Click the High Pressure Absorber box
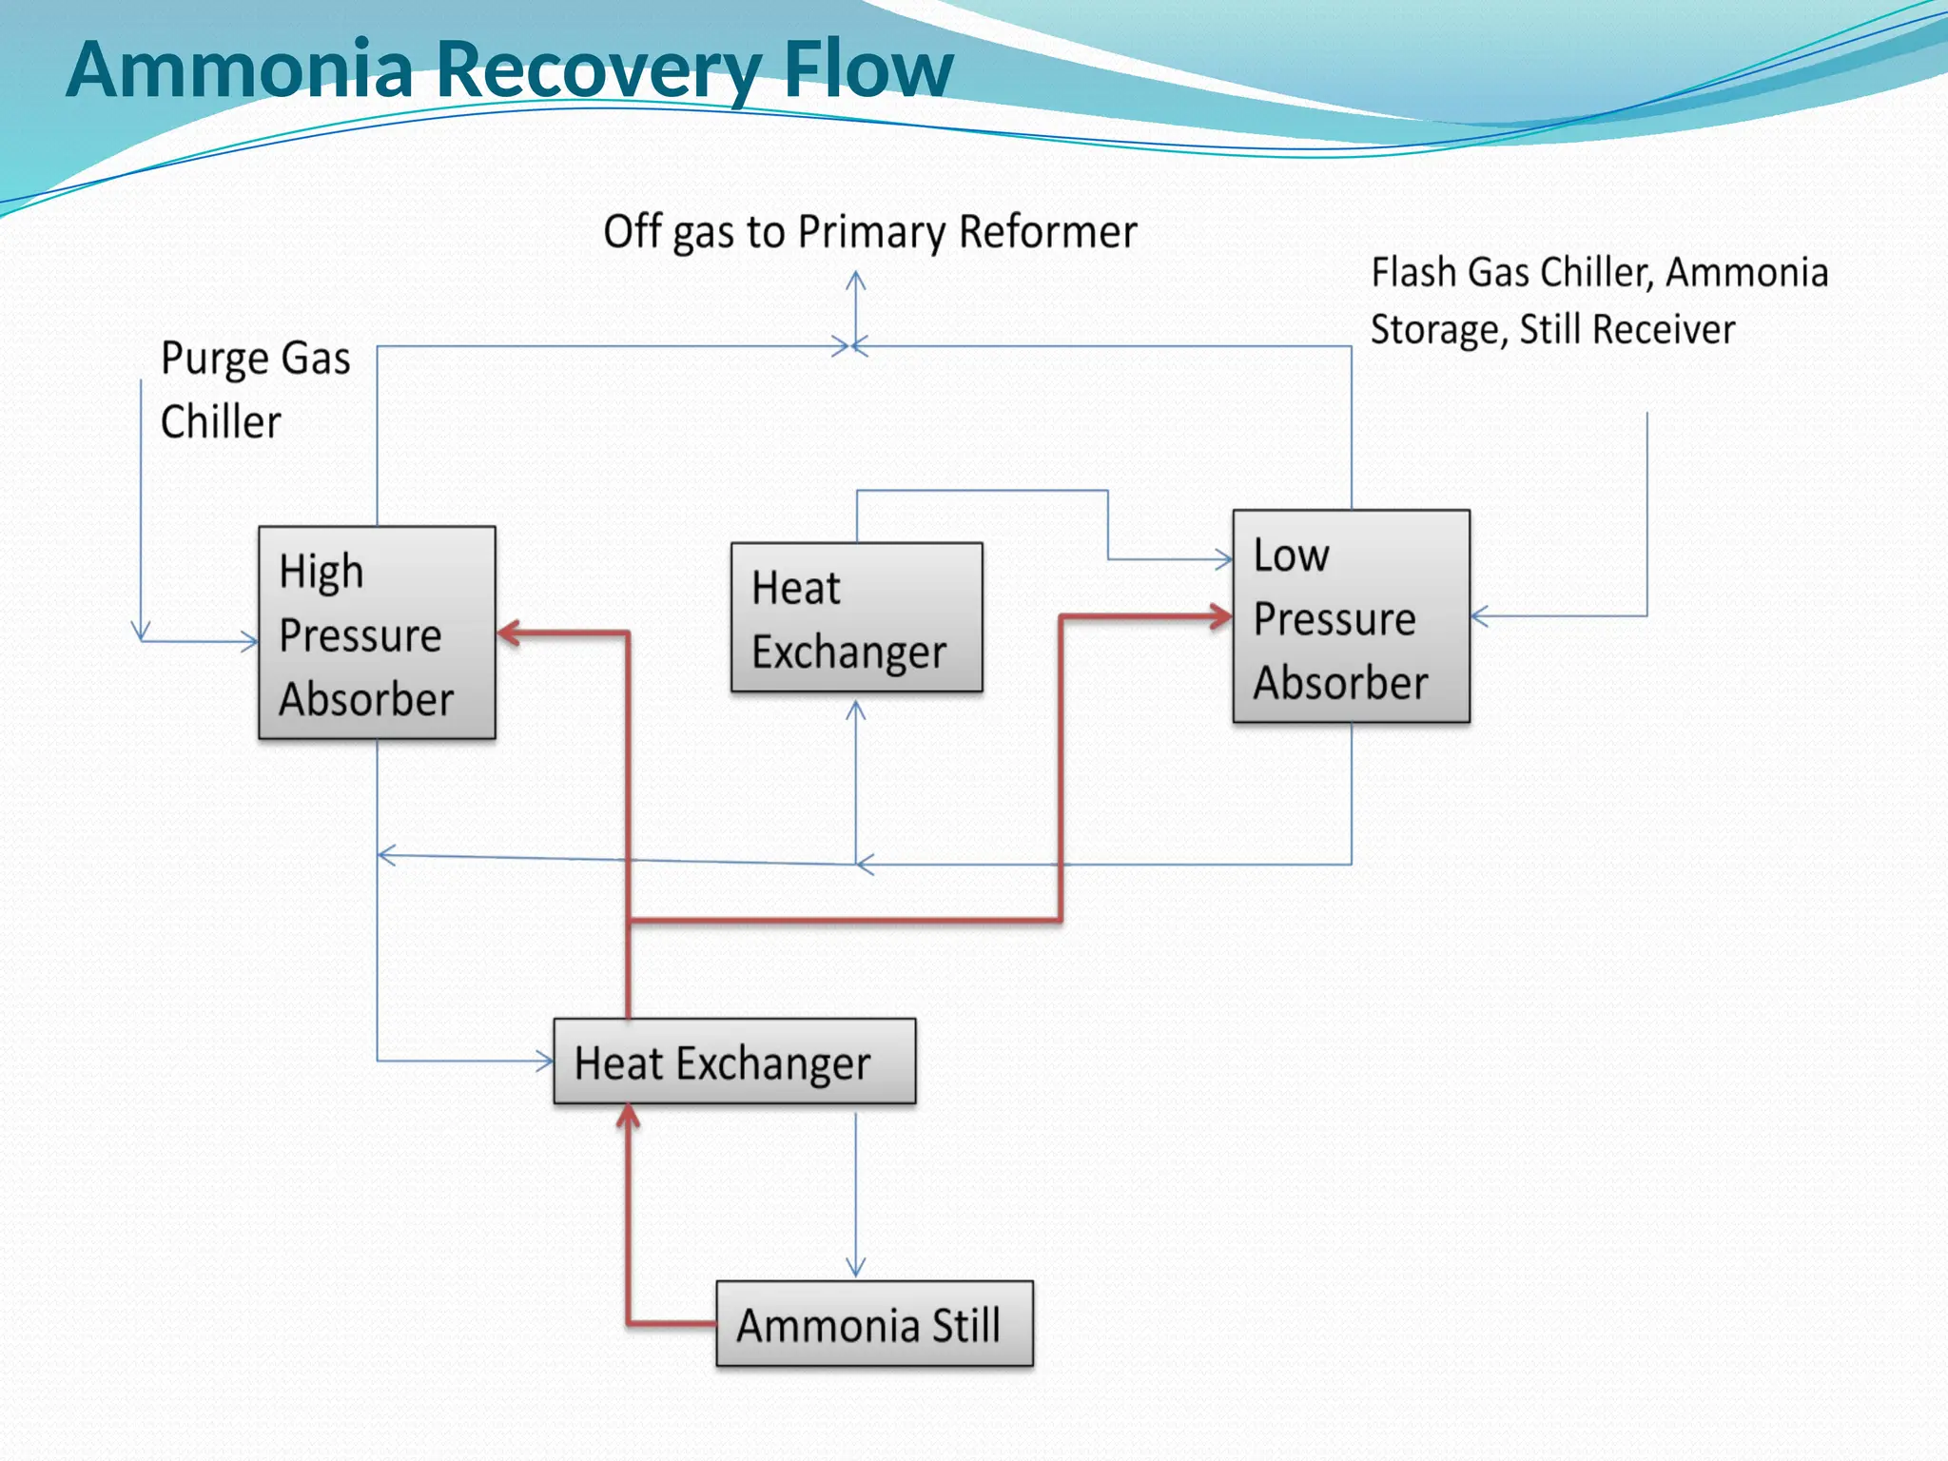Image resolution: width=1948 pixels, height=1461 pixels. tap(377, 633)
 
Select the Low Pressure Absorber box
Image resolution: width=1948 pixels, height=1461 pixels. tap(1351, 616)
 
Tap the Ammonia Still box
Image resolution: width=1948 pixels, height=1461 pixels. tap(874, 1323)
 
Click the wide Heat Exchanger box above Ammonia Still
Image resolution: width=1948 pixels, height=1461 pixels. tap(734, 1062)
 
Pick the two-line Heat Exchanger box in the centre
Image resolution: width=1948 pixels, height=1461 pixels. tap(856, 617)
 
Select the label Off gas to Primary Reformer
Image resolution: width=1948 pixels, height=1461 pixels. tap(869, 232)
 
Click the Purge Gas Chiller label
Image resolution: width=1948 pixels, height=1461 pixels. tap(254, 389)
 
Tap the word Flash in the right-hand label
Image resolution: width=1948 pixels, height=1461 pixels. tap(1413, 273)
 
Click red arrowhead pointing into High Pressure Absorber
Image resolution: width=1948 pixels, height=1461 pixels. tap(508, 633)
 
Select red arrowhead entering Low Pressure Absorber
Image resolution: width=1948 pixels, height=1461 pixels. tap(1221, 616)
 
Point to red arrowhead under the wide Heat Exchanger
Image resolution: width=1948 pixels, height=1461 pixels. tap(628, 1115)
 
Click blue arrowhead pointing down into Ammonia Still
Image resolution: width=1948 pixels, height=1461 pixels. tap(856, 1268)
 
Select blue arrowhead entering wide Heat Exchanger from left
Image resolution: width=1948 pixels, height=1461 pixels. tap(545, 1061)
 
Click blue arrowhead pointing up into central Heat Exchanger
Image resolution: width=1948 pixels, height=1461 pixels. tap(856, 710)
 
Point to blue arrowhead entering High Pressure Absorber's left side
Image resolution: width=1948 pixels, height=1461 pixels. tap(250, 642)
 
